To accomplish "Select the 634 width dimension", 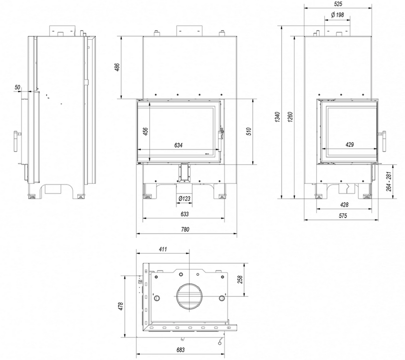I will point(178,145).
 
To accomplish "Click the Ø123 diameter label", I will point(184,199).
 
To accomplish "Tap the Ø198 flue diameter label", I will point(337,15).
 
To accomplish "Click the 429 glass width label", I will point(350,145).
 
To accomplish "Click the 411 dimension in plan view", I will point(162,249).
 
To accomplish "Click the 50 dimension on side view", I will point(18,87).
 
